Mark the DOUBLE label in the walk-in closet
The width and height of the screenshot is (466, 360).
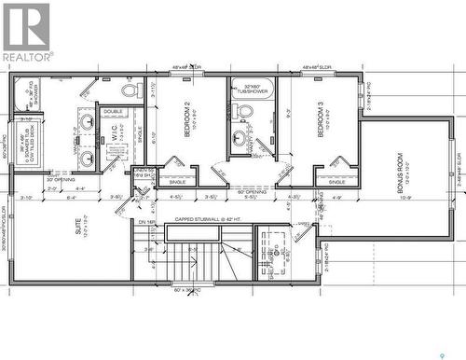113,111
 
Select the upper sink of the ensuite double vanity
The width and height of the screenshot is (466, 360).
87,120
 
